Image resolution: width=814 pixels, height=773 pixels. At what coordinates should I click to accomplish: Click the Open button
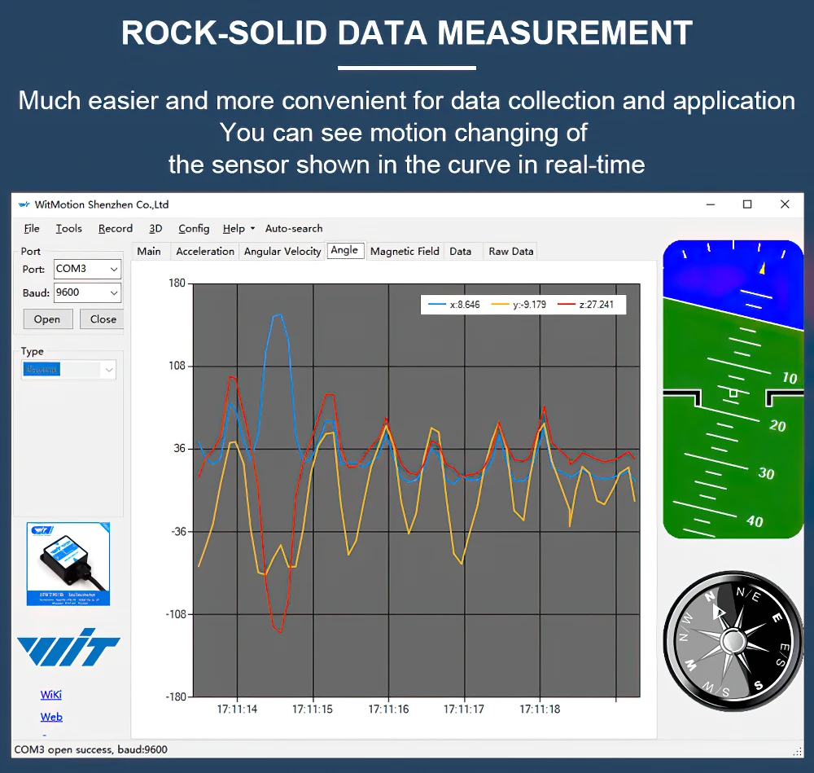(47, 319)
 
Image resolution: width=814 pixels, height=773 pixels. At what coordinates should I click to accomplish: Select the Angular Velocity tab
(282, 251)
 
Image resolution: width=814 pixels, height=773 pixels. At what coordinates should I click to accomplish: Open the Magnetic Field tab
(405, 251)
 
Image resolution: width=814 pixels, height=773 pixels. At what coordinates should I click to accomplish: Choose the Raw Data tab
(511, 251)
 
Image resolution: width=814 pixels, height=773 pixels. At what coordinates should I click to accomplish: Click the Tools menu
(69, 229)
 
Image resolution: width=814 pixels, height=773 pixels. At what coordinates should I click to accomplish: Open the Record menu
(116, 229)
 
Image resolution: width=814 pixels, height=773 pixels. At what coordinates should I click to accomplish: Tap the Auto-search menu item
(294, 229)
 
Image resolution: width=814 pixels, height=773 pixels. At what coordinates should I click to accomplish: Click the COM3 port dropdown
(87, 269)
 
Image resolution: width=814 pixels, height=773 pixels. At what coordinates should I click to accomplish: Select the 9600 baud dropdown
(87, 292)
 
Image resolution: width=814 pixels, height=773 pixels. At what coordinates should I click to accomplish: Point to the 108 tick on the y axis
(177, 367)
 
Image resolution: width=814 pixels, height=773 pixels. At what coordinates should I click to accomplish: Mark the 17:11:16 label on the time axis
(388, 709)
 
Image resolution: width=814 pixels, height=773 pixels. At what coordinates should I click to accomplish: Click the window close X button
(785, 204)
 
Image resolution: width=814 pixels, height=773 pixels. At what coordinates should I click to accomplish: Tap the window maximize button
(747, 204)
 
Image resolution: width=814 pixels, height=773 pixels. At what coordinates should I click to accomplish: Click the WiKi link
(51, 695)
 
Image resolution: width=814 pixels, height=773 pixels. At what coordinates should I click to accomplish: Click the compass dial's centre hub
(733, 643)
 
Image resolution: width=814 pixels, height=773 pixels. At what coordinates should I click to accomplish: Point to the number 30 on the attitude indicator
(766, 473)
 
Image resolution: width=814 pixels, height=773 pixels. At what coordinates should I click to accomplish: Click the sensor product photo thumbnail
(68, 564)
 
